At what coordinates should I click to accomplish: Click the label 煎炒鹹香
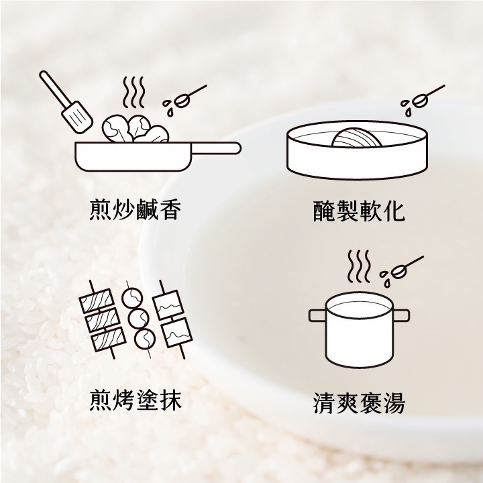point(136,211)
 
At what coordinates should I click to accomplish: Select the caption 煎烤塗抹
point(136,400)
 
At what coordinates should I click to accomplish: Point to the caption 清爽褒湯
point(360,402)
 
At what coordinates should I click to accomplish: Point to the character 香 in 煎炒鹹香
point(170,211)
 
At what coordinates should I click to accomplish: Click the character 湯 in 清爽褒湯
point(393,402)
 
